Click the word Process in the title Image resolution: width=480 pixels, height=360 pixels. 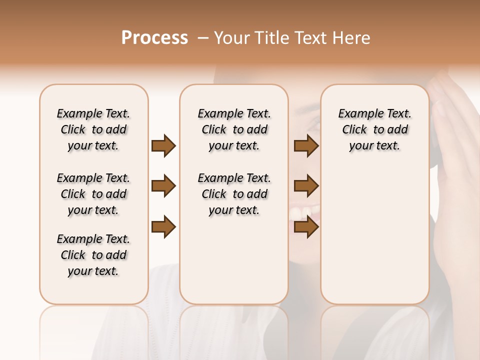pyautogui.click(x=154, y=38)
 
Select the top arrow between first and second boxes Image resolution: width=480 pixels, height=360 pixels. pyautogui.click(x=163, y=145)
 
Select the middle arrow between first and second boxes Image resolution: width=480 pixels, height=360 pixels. pyautogui.click(x=163, y=186)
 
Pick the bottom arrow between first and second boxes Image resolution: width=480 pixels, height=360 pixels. pyautogui.click(x=163, y=226)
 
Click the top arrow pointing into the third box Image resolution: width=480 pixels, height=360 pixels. pyautogui.click(x=306, y=145)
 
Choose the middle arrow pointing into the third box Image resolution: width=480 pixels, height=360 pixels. pyautogui.click(x=306, y=186)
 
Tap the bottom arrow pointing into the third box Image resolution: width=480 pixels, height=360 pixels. pyautogui.click(x=306, y=226)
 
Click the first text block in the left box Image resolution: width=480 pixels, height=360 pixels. pyautogui.click(x=93, y=129)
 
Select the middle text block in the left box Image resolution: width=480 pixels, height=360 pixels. pyautogui.click(x=93, y=194)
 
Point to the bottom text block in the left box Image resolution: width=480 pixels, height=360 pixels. pyautogui.click(x=93, y=255)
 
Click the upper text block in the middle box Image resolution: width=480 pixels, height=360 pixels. pyautogui.click(x=234, y=129)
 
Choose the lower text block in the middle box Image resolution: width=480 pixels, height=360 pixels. pyautogui.click(x=234, y=194)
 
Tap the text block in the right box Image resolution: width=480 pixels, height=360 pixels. pyautogui.click(x=374, y=129)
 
